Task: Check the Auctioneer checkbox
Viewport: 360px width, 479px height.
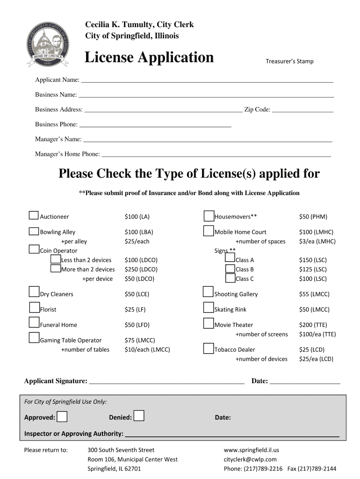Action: (34, 215)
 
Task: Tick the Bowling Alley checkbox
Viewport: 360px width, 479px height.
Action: (34, 231)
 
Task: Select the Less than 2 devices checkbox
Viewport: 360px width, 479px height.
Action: (56, 259)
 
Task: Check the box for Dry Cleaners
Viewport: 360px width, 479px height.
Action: (34, 292)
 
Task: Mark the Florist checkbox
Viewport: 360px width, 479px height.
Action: (34, 308)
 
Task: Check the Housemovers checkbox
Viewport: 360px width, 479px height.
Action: (209, 216)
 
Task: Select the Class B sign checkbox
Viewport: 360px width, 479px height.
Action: (230, 269)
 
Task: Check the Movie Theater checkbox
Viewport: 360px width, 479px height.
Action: (209, 324)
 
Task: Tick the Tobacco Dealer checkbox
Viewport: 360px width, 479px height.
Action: (209, 348)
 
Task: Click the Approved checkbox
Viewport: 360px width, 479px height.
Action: (62, 416)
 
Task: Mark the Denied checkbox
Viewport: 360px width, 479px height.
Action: (138, 416)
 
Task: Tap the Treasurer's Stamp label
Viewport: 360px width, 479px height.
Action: (289, 61)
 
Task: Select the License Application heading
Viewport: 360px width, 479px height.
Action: (149, 58)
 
